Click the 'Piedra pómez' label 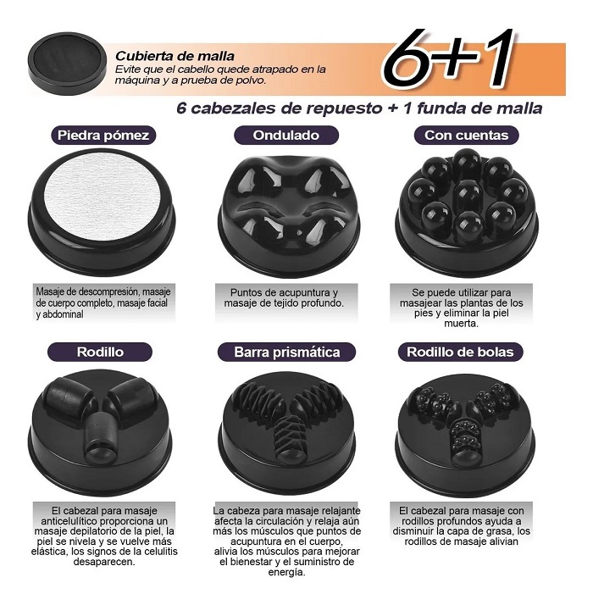[x=103, y=136]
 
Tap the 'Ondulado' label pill [x=286, y=136]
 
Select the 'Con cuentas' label [x=467, y=136]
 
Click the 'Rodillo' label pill [x=100, y=352]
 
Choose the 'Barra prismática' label [x=286, y=352]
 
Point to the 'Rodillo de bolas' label [x=460, y=352]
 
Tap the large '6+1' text [x=447, y=58]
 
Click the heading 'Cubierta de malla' [x=175, y=56]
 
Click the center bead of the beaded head [x=468, y=194]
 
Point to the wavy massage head [x=290, y=216]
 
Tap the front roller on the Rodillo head [x=98, y=438]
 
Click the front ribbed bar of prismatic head [x=290, y=440]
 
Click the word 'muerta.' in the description [x=462, y=324]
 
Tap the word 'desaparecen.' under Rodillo [x=104, y=562]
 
